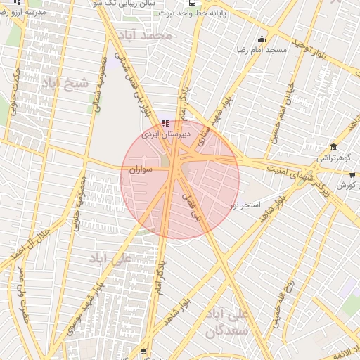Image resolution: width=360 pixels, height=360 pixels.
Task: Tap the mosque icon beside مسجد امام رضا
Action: [x=262, y=39]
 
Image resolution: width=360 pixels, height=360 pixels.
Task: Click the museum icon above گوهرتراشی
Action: [x=333, y=148]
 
